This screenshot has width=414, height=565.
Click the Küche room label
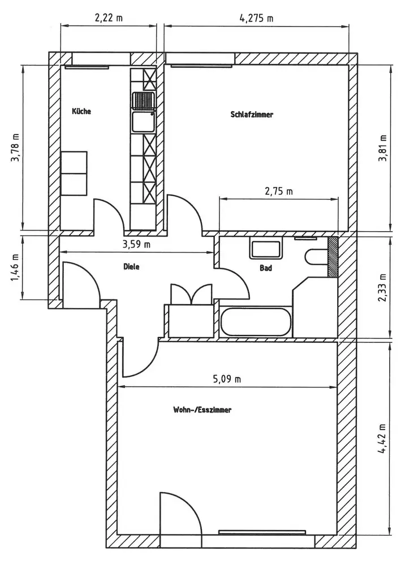(81, 111)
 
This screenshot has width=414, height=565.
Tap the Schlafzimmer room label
(252, 115)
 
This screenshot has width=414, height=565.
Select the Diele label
(131, 267)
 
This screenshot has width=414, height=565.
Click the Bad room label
(266, 268)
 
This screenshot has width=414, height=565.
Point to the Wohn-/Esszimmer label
(202, 410)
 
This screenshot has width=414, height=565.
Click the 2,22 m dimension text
(109, 18)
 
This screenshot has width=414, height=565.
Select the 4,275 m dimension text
(256, 18)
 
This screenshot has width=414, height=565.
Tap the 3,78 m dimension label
(16, 147)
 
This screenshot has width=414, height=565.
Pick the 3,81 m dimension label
(383, 147)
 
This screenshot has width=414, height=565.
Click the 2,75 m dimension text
(279, 191)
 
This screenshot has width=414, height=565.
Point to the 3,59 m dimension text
(136, 245)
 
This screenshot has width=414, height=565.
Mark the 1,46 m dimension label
(16, 268)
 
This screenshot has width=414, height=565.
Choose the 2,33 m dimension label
(383, 288)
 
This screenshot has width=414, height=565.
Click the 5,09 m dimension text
(227, 379)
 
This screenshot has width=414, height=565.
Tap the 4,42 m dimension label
(383, 438)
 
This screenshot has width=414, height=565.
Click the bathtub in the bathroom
(255, 322)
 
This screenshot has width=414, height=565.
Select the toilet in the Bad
(317, 258)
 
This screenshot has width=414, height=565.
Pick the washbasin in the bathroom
(266, 248)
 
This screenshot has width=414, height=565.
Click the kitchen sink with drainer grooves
(144, 101)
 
